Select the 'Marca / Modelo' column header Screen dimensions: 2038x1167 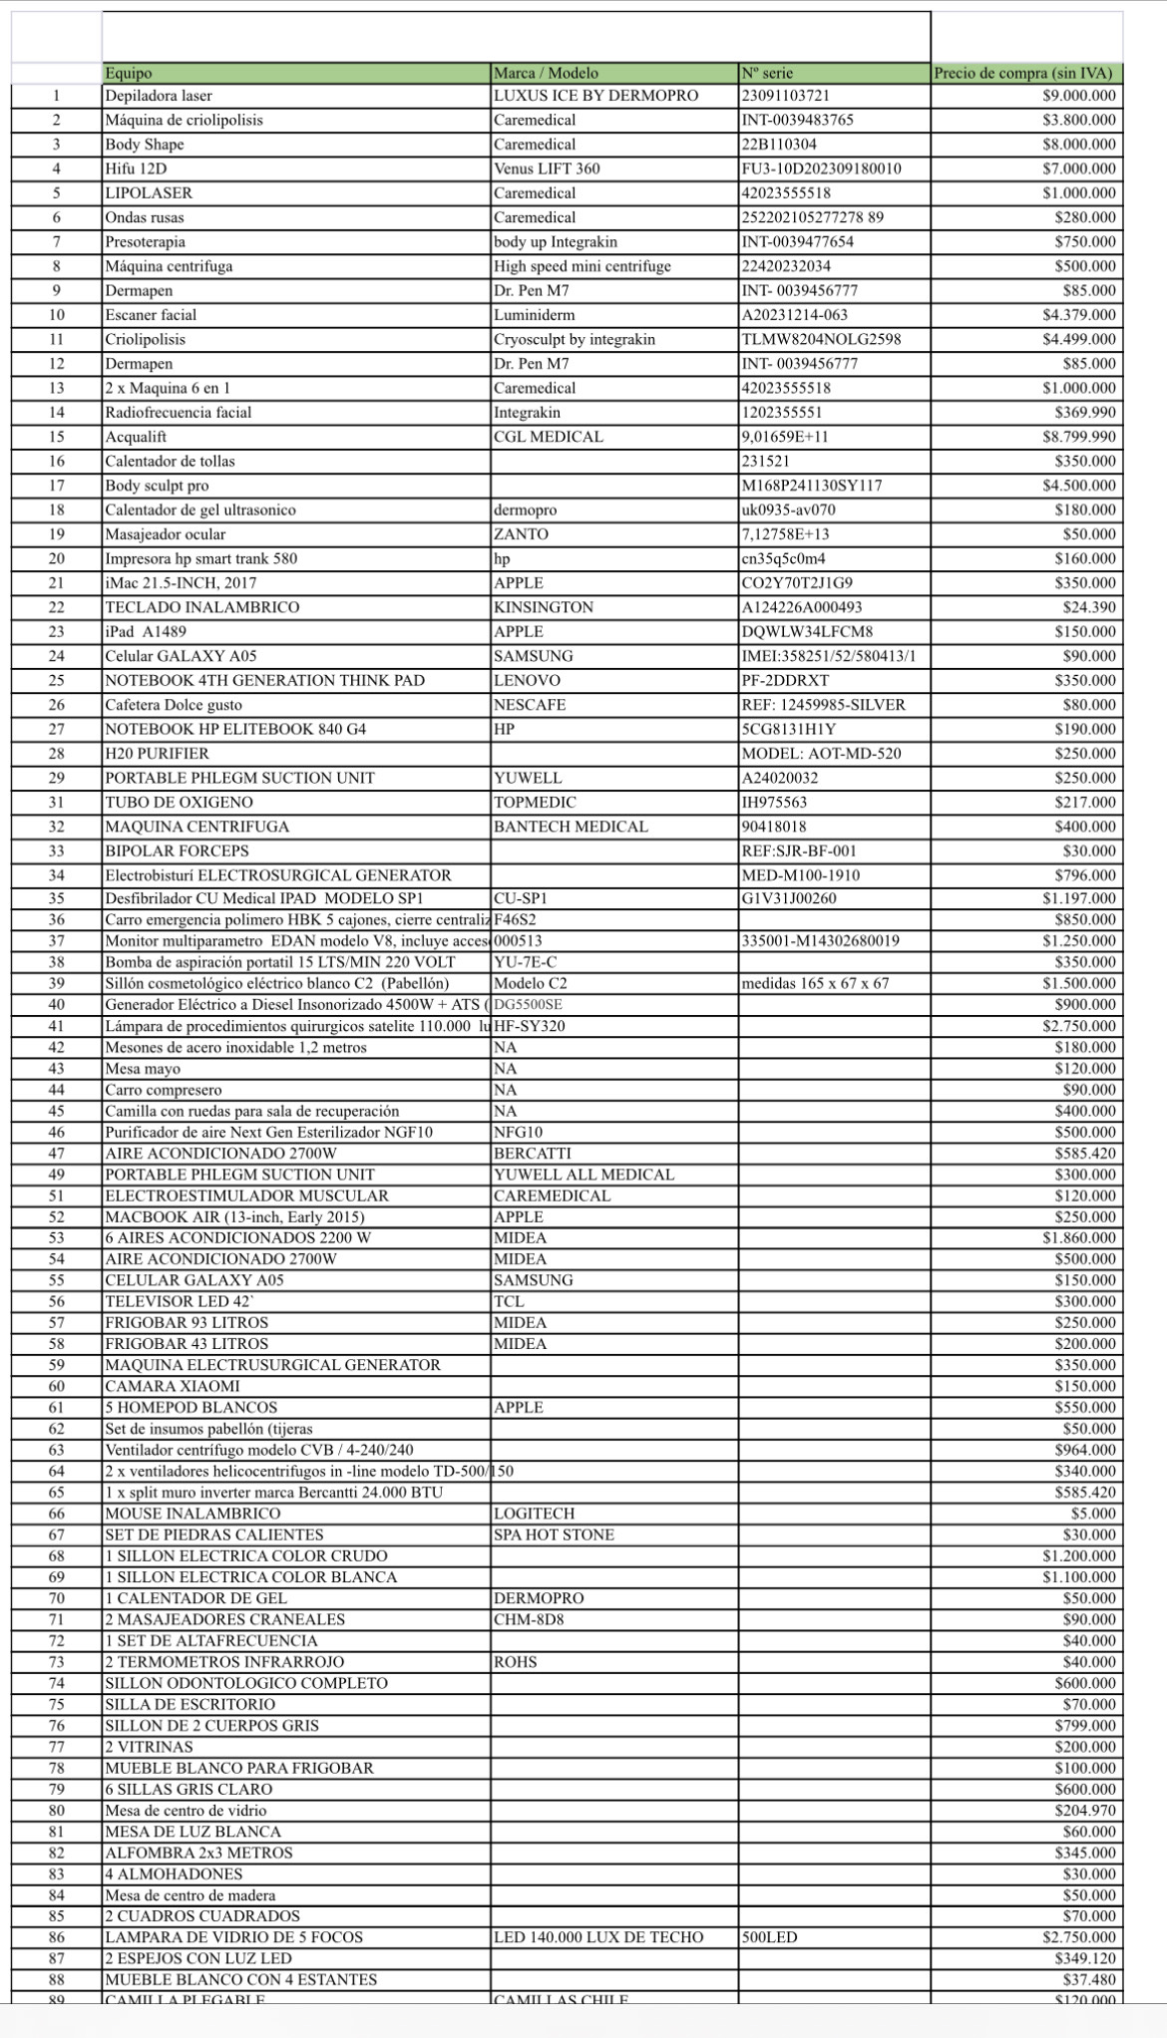click(x=546, y=73)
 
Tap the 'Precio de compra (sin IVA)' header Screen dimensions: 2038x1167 click(x=1022, y=73)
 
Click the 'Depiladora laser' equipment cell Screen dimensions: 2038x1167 click(x=159, y=96)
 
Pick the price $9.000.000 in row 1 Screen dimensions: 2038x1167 click(x=1079, y=96)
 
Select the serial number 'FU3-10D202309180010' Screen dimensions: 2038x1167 click(x=821, y=169)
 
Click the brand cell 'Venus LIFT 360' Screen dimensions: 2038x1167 click(x=547, y=169)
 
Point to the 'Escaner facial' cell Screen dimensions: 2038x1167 click(x=152, y=315)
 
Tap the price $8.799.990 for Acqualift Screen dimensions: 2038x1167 click(x=1079, y=437)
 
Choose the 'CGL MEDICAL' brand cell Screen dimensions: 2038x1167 click(x=549, y=437)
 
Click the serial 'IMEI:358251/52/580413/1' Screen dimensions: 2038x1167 click(x=829, y=656)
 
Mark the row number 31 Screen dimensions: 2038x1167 click(x=56, y=803)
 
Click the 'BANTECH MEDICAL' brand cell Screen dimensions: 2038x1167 click(x=571, y=827)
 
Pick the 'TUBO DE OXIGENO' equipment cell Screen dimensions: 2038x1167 click(x=180, y=803)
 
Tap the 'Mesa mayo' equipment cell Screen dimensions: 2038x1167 click(x=144, y=1069)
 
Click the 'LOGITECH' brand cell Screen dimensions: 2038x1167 click(x=535, y=1514)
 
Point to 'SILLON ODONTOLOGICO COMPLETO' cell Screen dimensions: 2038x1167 click(x=246, y=1683)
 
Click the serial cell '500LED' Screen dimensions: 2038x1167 click(x=770, y=1937)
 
